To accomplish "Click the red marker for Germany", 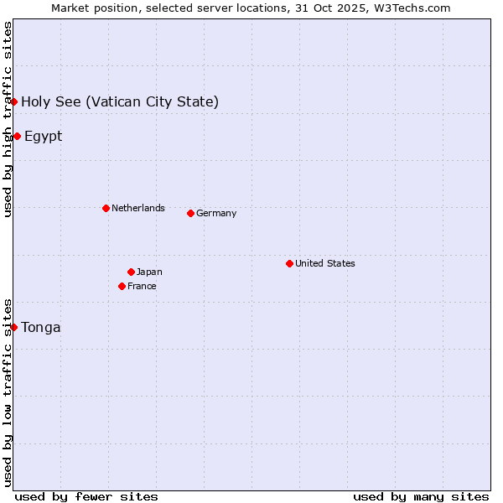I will pyautogui.click(x=190, y=213).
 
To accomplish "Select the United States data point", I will pyautogui.click(x=289, y=263).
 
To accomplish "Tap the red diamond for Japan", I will pyautogui.click(x=131, y=272).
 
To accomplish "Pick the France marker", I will pyautogui.click(x=122, y=286).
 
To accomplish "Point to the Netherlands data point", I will pyautogui.click(x=106, y=208).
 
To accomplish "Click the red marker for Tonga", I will pyautogui.click(x=14, y=327).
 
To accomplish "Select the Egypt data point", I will pyautogui.click(x=17, y=136).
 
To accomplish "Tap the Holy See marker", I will pyautogui.click(x=14, y=101).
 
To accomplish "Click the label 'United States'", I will pyautogui.click(x=325, y=263).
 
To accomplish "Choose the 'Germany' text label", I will pyautogui.click(x=216, y=213).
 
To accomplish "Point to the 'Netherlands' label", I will pyautogui.click(x=138, y=208).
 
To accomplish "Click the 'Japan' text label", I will pyautogui.click(x=149, y=272).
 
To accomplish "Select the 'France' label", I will pyautogui.click(x=142, y=286).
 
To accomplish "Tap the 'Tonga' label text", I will pyautogui.click(x=41, y=327).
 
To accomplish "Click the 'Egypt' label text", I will pyautogui.click(x=44, y=136).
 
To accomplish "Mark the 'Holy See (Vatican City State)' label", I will pyautogui.click(x=120, y=101).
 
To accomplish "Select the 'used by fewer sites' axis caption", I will pyautogui.click(x=86, y=496).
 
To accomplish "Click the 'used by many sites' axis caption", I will pyautogui.click(x=421, y=496).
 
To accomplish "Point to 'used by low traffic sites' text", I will pyautogui.click(x=8, y=392).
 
